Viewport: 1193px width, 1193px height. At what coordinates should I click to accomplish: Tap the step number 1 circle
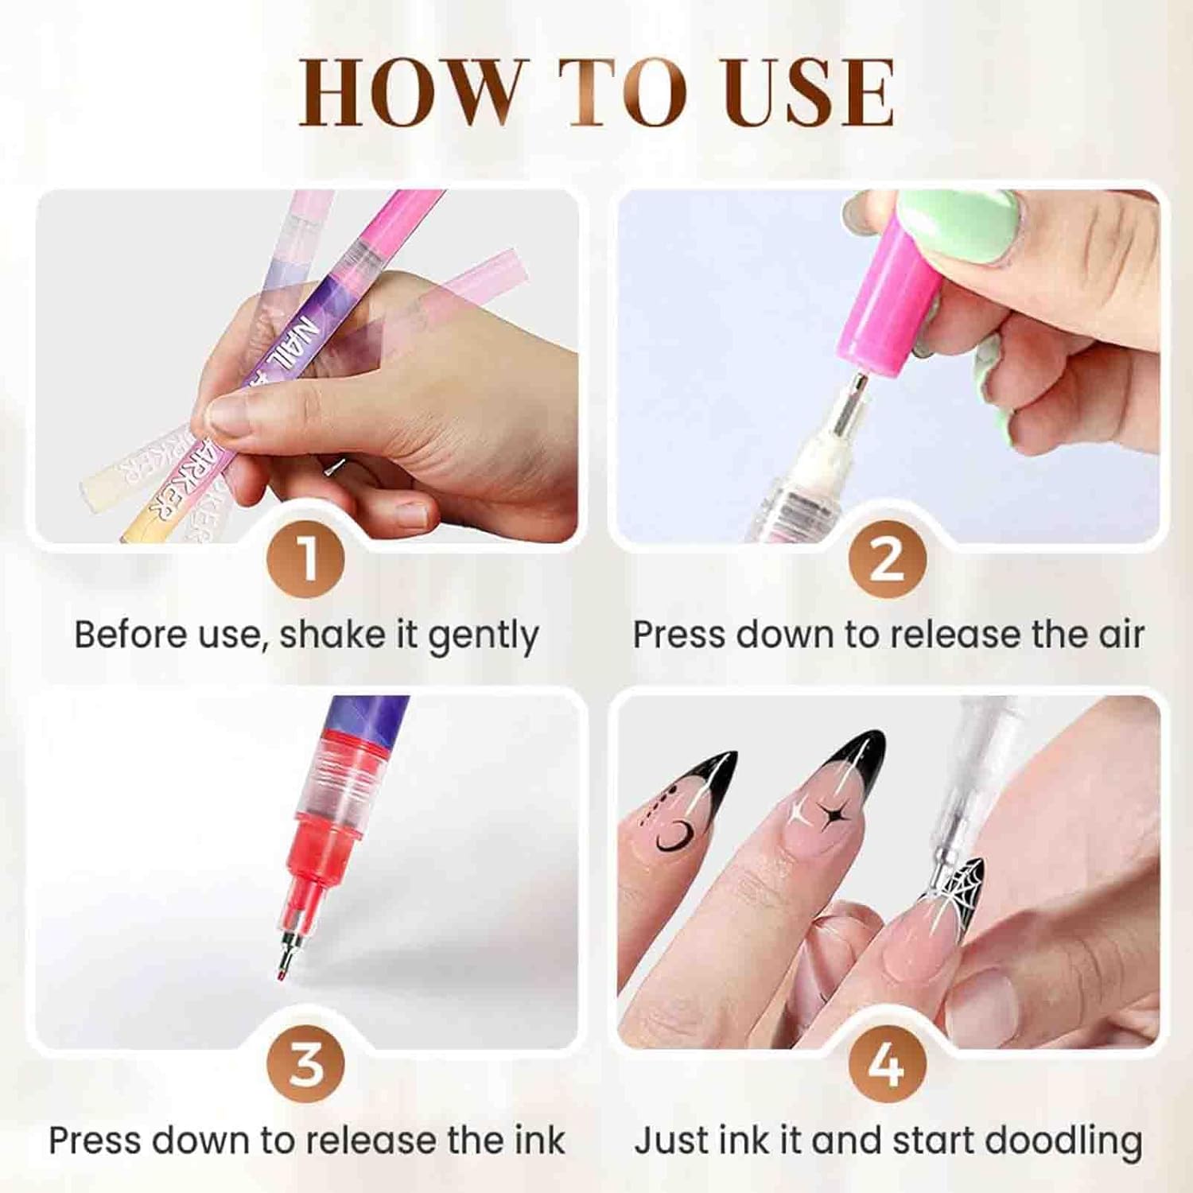tap(306, 558)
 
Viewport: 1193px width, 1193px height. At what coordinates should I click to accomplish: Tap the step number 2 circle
tap(887, 558)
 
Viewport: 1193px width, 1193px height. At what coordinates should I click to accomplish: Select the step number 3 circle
tap(306, 1064)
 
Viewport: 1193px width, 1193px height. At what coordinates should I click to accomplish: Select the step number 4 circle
tap(887, 1064)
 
